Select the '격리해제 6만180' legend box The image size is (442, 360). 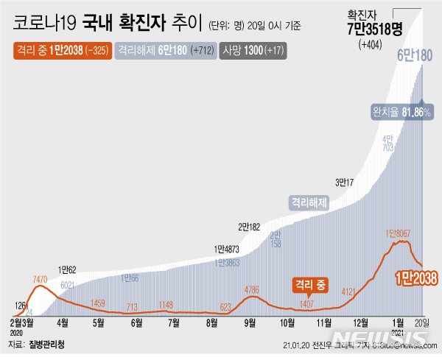pyautogui.click(x=163, y=51)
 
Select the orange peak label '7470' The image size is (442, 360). pyautogui.click(x=40, y=280)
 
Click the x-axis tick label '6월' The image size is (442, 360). pyautogui.click(x=136, y=322)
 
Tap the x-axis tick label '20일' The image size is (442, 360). pyautogui.click(x=423, y=322)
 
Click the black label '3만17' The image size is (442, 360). pyautogui.click(x=345, y=182)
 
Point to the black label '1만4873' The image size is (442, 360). pyautogui.click(x=229, y=249)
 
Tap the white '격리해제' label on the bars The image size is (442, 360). pyautogui.click(x=309, y=200)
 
